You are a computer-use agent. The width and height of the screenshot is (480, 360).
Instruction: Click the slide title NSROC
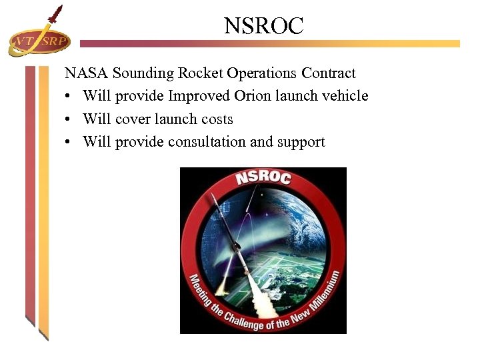coord(263,26)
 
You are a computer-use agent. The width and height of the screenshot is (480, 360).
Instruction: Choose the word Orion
coord(252,96)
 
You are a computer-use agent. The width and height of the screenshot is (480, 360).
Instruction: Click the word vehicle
coord(345,96)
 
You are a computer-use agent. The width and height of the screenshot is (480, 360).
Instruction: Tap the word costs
coord(217,119)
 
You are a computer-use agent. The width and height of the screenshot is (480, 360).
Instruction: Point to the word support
coord(301,143)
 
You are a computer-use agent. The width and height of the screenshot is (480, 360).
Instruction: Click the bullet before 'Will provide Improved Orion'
coord(69,97)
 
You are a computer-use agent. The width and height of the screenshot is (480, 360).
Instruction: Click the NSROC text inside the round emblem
coord(263,178)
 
